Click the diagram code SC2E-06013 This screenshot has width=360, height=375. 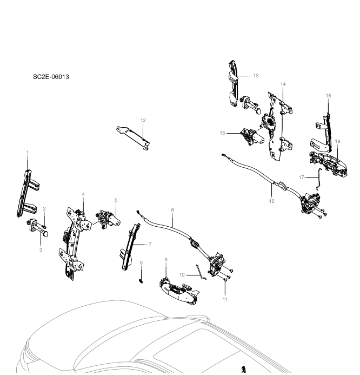coord(51,77)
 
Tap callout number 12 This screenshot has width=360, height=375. coord(143,120)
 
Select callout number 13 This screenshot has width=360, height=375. coord(256,76)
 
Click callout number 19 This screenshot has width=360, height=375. coord(337,141)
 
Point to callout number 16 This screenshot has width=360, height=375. coord(271,201)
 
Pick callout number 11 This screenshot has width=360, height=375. coord(225,299)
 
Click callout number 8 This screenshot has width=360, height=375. coord(141,262)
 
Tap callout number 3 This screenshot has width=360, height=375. coord(41,249)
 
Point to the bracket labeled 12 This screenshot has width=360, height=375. coord(133,137)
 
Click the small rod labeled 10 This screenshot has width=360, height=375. coord(201,272)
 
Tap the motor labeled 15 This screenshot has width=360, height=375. coord(251,137)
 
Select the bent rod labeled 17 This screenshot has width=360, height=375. coord(319,179)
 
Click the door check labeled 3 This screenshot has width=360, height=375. coord(38,228)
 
